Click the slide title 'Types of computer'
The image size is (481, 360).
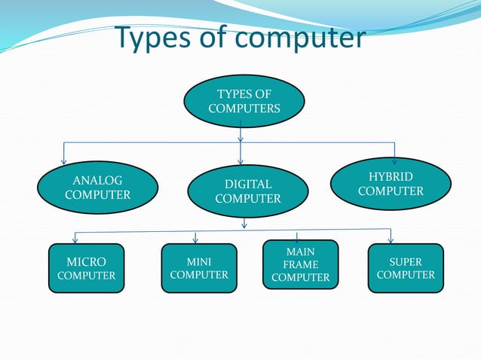240,38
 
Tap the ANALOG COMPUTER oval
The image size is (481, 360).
97,188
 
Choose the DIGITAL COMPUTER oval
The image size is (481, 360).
247,191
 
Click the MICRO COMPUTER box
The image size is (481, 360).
87,269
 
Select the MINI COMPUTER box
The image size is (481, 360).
199,269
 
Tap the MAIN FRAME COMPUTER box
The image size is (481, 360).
301,264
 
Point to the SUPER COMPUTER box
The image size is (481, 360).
406,269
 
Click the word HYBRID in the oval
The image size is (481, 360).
391,176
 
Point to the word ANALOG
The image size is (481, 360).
97,180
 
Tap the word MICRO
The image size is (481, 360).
87,261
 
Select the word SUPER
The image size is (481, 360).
406,261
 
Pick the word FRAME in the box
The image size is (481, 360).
301,264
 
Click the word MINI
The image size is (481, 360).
199,261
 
